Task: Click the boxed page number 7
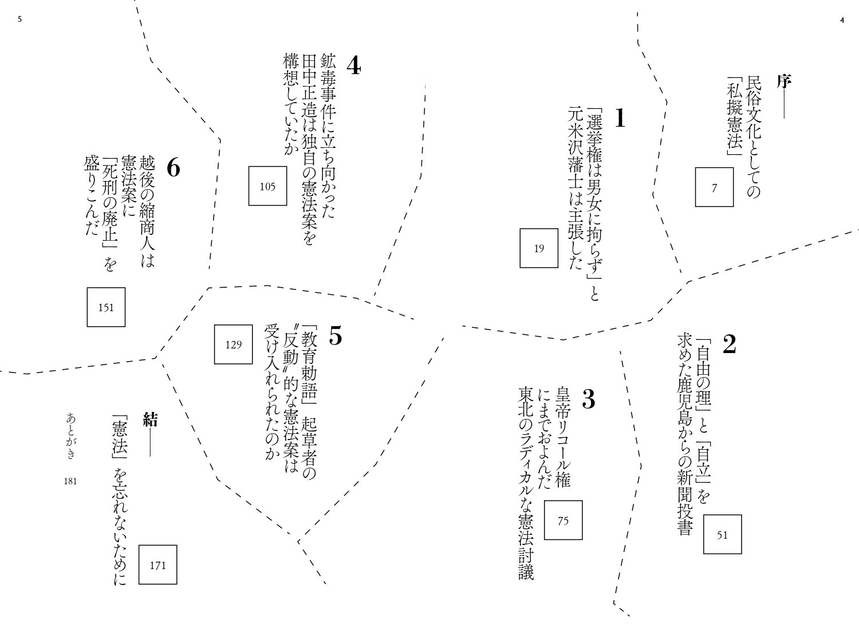point(714,187)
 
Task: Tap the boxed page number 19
point(539,248)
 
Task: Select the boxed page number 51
point(722,535)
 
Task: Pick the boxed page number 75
point(563,520)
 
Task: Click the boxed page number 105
point(267,186)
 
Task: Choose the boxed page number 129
point(234,344)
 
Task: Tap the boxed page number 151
point(106,307)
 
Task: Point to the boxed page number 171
point(157,565)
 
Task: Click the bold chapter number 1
point(620,118)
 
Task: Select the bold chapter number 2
point(729,343)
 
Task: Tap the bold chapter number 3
point(589,399)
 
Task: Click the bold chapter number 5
point(336,336)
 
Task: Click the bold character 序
point(783,81)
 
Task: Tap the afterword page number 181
point(70,481)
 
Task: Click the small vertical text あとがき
point(70,436)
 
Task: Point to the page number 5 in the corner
point(19,19)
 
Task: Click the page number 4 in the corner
point(842,21)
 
